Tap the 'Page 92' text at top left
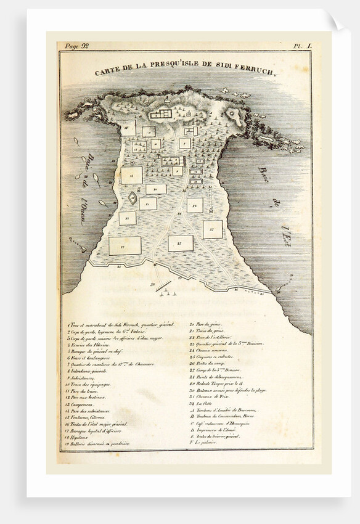(76, 45)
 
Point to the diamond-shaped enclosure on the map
(132, 198)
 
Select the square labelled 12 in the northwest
(128, 128)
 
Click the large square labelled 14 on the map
(131, 175)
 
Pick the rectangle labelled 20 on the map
(156, 189)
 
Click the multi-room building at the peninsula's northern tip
(162, 114)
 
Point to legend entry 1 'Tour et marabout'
(121, 324)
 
